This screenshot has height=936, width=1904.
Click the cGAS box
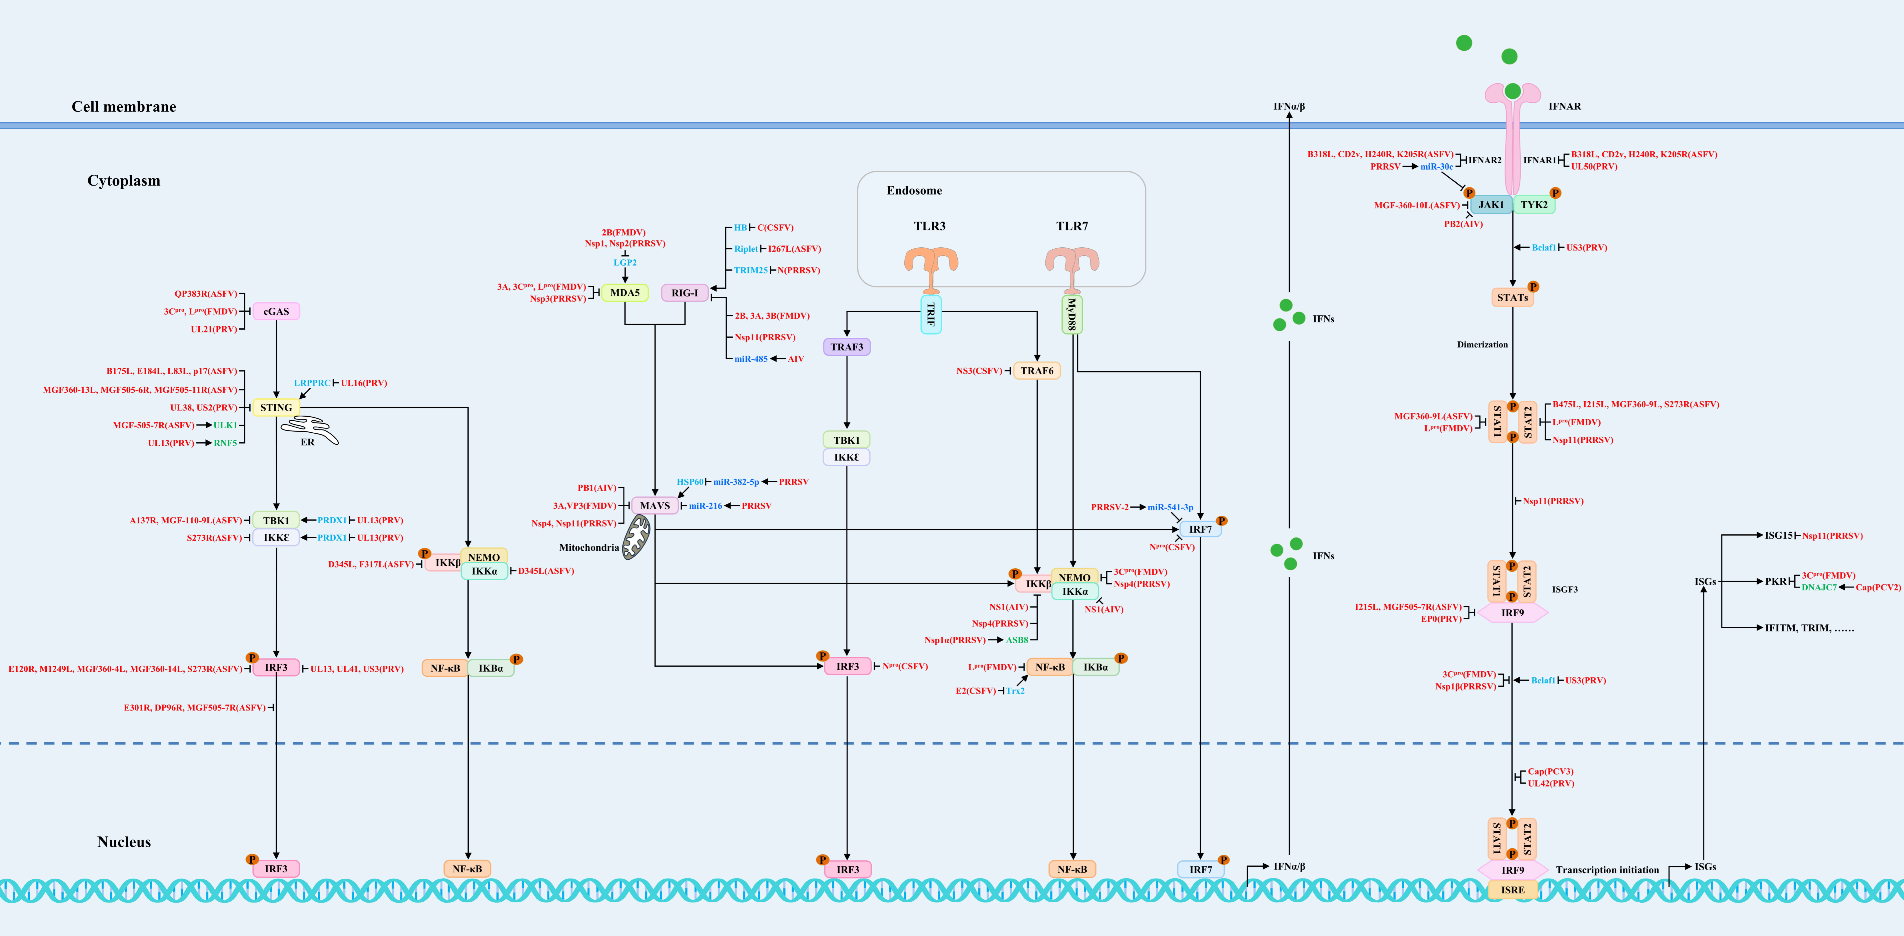[x=276, y=311]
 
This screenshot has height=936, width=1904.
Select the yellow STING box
[x=276, y=407]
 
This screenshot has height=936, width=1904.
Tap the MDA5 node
[x=625, y=293]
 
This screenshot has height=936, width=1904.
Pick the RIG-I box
[x=684, y=293]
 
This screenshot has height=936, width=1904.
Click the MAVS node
[x=654, y=506]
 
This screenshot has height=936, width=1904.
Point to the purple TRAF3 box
[x=846, y=347]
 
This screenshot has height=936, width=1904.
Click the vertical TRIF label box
[x=931, y=314]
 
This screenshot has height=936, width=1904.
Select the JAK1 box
[x=1491, y=205]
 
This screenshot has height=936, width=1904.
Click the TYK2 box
[x=1534, y=205]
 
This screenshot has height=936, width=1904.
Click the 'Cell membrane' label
[x=123, y=106]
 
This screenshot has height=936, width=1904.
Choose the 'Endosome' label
[x=914, y=191]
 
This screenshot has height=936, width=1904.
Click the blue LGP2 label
[x=625, y=263]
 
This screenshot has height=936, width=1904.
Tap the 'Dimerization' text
[x=1482, y=345]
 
